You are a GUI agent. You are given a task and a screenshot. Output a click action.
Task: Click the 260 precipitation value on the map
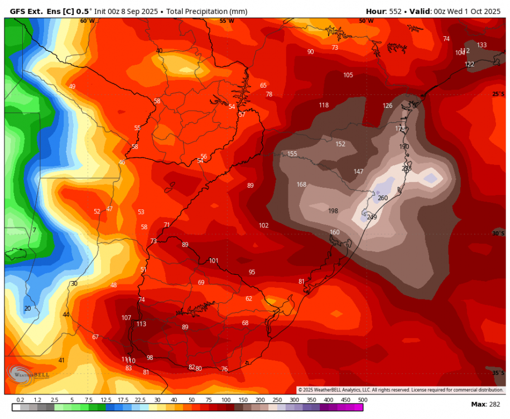point(383,198)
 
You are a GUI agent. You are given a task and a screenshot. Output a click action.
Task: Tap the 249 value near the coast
point(372,217)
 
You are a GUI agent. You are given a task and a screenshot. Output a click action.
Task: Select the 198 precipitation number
point(333,211)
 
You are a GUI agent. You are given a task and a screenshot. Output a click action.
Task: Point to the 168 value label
point(301,185)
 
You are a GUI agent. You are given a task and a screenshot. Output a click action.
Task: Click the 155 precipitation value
point(292,154)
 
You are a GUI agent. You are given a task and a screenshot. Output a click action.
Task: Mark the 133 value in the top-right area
point(482,45)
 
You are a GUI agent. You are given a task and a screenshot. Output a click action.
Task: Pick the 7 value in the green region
point(34,230)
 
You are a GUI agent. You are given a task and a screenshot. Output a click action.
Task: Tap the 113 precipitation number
point(141,324)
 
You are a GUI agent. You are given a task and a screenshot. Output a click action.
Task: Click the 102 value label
point(263,226)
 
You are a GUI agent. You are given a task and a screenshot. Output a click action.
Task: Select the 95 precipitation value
point(252,272)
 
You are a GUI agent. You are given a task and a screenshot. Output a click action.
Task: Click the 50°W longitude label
point(366,21)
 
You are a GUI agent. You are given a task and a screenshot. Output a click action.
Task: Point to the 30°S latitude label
point(498,234)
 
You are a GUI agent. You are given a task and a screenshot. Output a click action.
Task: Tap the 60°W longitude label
point(87,21)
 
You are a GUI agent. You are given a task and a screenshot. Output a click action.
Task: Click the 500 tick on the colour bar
point(363,400)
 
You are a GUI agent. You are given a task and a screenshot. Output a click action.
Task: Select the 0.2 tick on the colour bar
point(20,400)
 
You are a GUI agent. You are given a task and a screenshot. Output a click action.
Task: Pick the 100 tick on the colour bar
point(226,400)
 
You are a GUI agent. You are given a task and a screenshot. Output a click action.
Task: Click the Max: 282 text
point(486,404)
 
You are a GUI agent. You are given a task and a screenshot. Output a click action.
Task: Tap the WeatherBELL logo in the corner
point(28,373)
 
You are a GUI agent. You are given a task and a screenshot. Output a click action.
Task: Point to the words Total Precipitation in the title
point(198,11)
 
